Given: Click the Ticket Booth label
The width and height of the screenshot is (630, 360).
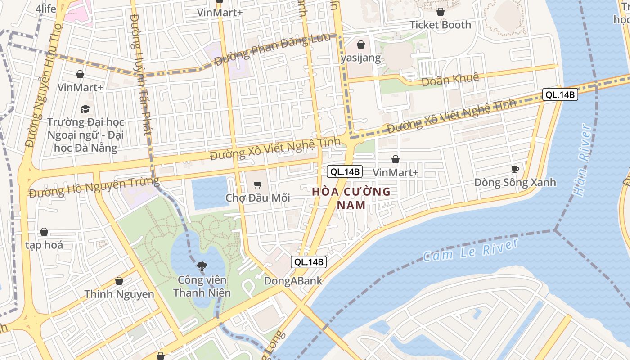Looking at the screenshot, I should pyautogui.click(x=440, y=25).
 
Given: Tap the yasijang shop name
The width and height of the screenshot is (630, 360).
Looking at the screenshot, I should pyautogui.click(x=360, y=58).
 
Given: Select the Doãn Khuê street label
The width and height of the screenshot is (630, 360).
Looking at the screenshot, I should pyautogui.click(x=450, y=79).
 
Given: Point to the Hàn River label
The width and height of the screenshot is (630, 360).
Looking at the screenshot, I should pyautogui.click(x=582, y=161).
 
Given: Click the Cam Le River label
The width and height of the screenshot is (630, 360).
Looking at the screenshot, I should pyautogui.click(x=470, y=251).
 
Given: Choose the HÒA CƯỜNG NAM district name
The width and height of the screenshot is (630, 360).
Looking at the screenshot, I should pyautogui.click(x=351, y=198).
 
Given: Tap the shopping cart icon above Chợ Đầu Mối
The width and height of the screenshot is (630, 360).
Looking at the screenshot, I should pyautogui.click(x=257, y=184).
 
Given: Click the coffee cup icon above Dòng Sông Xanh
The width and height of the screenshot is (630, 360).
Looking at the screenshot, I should pyautogui.click(x=515, y=169).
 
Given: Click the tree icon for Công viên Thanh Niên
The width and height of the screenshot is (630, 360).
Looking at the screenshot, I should pyautogui.click(x=202, y=266).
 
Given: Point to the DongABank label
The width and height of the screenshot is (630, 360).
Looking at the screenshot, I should pyautogui.click(x=293, y=281).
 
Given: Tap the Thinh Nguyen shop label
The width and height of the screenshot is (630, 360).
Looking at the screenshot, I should pyautogui.click(x=119, y=294).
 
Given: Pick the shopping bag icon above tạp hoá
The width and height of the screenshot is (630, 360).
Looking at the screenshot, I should pyautogui.click(x=44, y=232).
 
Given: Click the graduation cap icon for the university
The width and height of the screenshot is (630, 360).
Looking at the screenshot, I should pyautogui.click(x=85, y=109).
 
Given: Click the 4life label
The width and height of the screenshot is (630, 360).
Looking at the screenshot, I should pyautogui.click(x=45, y=9).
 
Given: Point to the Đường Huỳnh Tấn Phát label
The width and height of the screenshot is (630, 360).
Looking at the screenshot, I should pyautogui.click(x=140, y=74).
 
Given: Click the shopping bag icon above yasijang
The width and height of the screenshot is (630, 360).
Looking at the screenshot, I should pyautogui.click(x=360, y=45).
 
